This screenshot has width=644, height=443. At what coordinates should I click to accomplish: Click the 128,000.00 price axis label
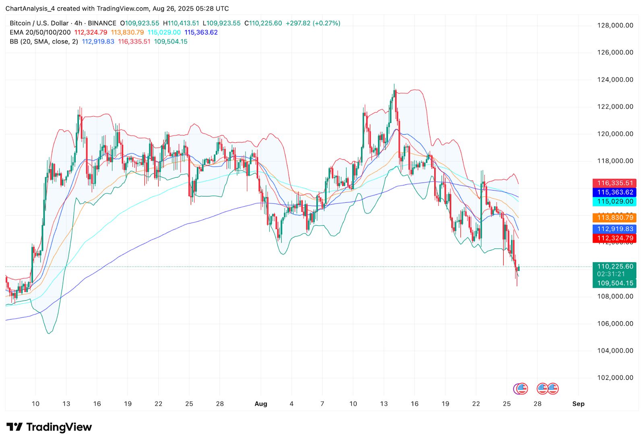click(615, 25)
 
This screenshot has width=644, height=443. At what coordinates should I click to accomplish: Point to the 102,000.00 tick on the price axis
click(615, 377)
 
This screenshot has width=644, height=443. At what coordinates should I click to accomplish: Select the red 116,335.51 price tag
click(615, 183)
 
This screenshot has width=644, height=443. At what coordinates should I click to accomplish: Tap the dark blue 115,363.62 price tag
click(615, 192)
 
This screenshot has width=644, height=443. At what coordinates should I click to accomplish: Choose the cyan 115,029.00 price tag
click(615, 201)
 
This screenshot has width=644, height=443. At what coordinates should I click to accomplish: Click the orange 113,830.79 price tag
click(615, 217)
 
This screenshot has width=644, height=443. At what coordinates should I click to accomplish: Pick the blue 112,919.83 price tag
click(615, 229)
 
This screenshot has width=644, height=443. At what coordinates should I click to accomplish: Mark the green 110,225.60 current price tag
click(615, 267)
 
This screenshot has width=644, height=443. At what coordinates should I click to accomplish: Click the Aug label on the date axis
click(261, 404)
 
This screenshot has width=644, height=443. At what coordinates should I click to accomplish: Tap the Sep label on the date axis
click(578, 404)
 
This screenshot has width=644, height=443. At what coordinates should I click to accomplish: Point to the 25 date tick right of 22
click(507, 404)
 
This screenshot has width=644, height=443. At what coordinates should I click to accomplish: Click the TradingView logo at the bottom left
click(49, 427)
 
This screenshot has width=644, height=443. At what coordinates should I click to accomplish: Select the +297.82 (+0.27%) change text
click(313, 23)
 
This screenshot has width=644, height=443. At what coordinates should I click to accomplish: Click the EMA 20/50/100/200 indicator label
click(40, 33)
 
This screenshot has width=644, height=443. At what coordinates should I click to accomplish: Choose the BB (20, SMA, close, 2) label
click(44, 42)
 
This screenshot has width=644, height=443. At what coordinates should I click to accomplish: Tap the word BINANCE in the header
click(102, 23)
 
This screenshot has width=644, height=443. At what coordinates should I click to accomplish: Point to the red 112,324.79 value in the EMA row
click(91, 33)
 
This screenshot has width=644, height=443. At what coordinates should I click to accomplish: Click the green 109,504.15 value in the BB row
click(171, 42)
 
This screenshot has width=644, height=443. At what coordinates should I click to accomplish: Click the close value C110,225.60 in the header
click(263, 23)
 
